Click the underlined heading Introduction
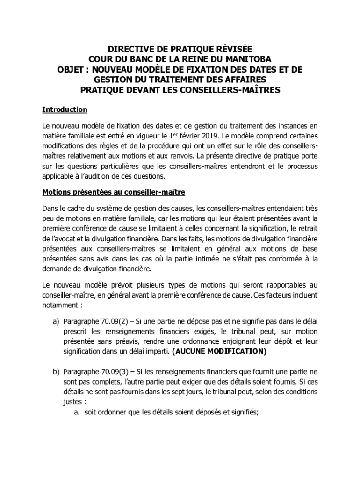pos(65,109)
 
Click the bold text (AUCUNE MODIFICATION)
pos(219,351)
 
